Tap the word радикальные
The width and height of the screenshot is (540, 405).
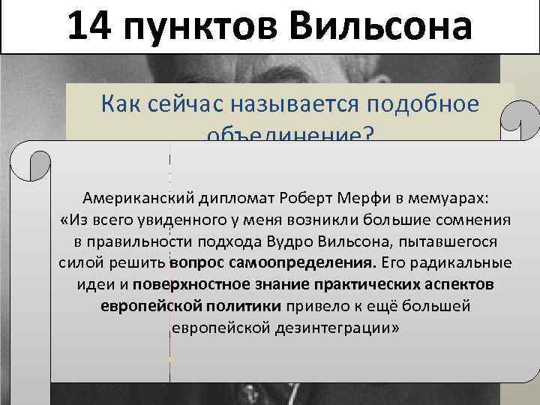pyautogui.click(x=460, y=264)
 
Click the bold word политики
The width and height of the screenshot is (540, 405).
pyautogui.click(x=243, y=307)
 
